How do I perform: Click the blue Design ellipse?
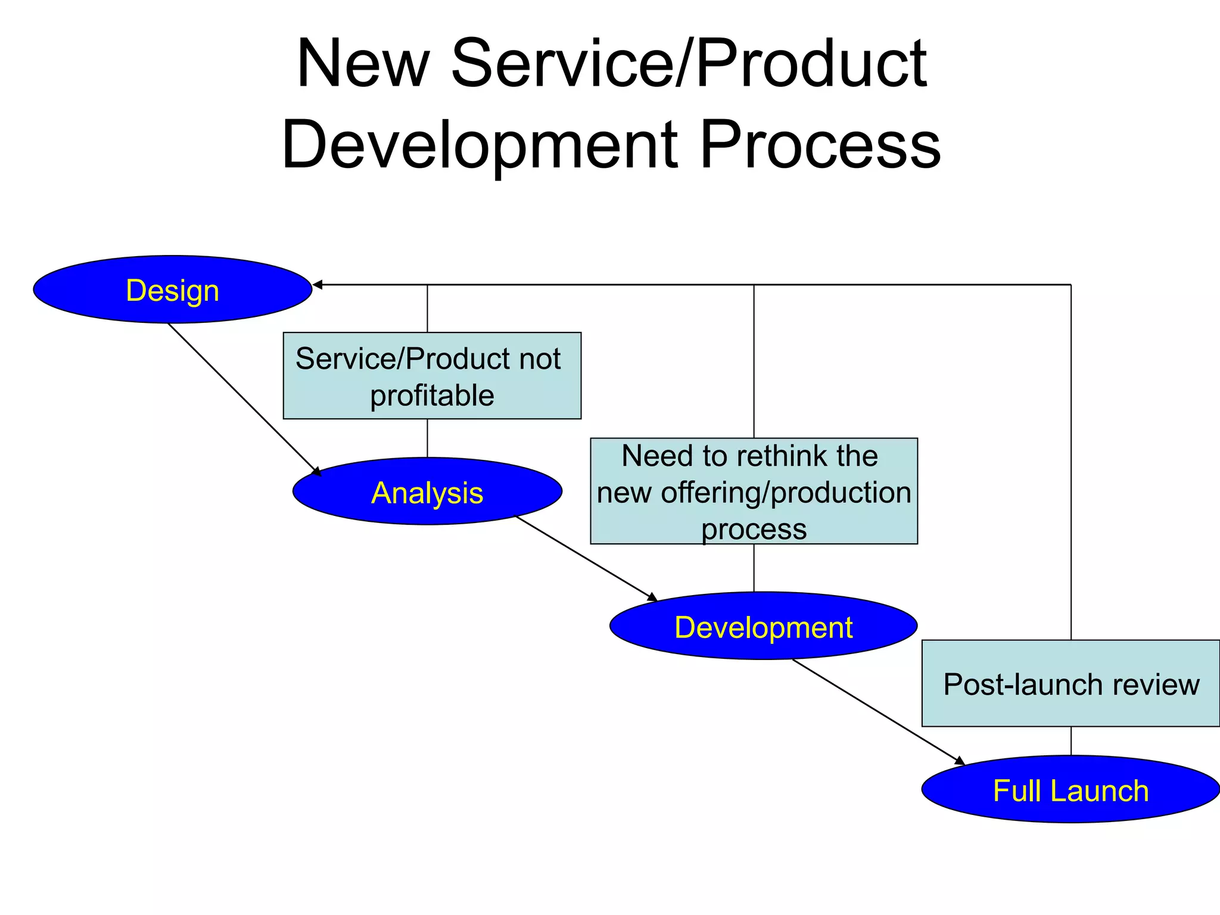click(x=172, y=290)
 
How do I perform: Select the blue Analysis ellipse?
click(x=427, y=491)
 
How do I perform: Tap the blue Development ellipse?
click(x=763, y=626)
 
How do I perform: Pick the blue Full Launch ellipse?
click(x=1070, y=790)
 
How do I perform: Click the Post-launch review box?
click(x=1070, y=683)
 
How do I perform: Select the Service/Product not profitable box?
click(x=432, y=376)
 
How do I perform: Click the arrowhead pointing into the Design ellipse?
click(x=318, y=285)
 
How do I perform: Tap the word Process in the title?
click(x=820, y=145)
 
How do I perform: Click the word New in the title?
click(x=363, y=64)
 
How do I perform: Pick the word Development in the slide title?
click(x=479, y=145)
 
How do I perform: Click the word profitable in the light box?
click(x=432, y=396)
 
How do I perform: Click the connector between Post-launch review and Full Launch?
click(x=1071, y=740)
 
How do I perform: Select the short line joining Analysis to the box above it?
click(x=427, y=438)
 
